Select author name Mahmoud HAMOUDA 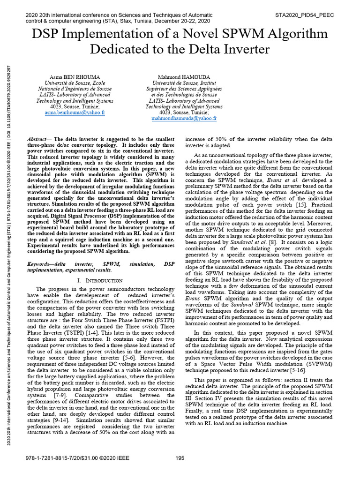pyautogui.click(x=184, y=76)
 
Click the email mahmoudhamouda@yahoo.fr pyautogui.click(x=184, y=119)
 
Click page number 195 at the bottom pyautogui.click(x=180, y=458)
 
